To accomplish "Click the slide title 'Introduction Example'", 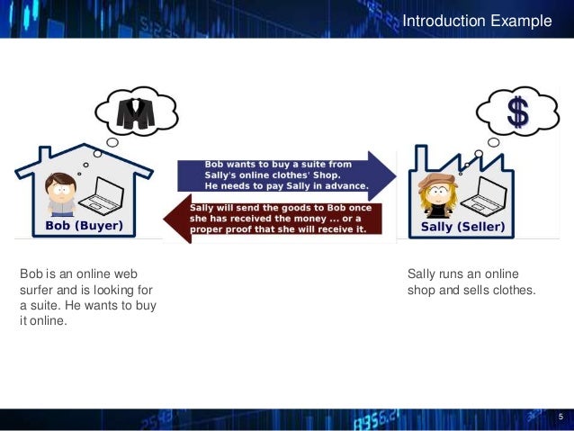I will (476, 21).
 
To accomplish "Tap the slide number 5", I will (561, 417).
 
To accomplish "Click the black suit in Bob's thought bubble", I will (136, 112).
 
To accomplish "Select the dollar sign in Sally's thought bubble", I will (517, 112).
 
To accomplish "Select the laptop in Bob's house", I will (108, 193).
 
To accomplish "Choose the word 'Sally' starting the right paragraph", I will (422, 274).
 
